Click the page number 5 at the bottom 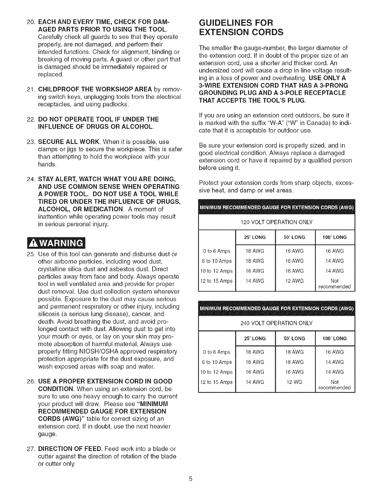pos(190,479)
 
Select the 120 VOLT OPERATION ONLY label pos(277,222)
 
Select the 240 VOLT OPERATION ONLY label pos(277,323)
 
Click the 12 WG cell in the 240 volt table pos(294,382)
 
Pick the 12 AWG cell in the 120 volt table pos(294,281)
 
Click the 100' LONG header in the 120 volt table pos(335,237)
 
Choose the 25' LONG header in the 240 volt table pos(255,338)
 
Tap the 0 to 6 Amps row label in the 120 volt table pos(216,251)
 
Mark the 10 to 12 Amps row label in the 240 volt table pos(216,372)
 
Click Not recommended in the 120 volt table pos(335,283)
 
